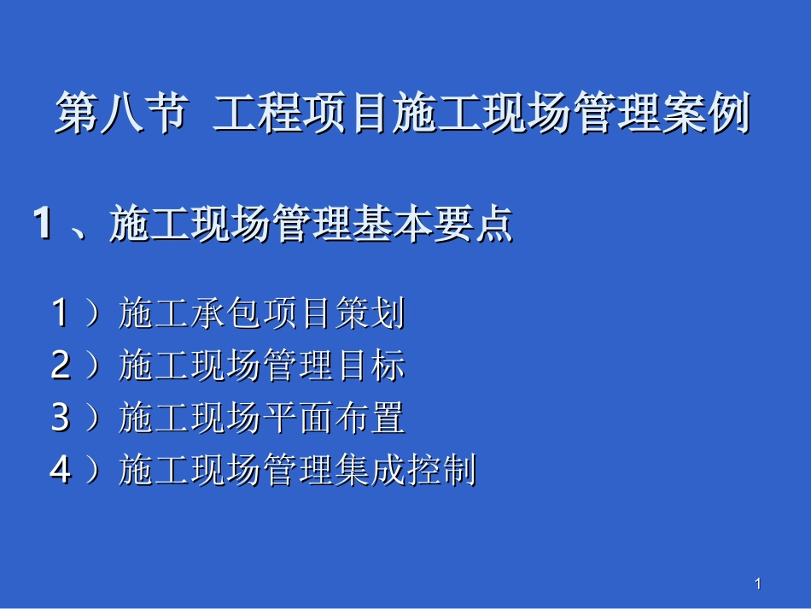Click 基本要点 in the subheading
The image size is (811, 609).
click(x=432, y=225)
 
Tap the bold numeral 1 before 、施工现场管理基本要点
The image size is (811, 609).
click(x=42, y=225)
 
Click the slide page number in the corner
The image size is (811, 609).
click(x=757, y=584)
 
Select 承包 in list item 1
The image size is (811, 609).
click(x=226, y=314)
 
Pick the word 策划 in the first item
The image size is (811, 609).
click(x=369, y=314)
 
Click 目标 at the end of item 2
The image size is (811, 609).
click(x=369, y=366)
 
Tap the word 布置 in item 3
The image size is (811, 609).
click(x=369, y=419)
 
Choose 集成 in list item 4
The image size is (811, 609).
click(x=369, y=471)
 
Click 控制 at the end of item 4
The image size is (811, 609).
click(x=441, y=471)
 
